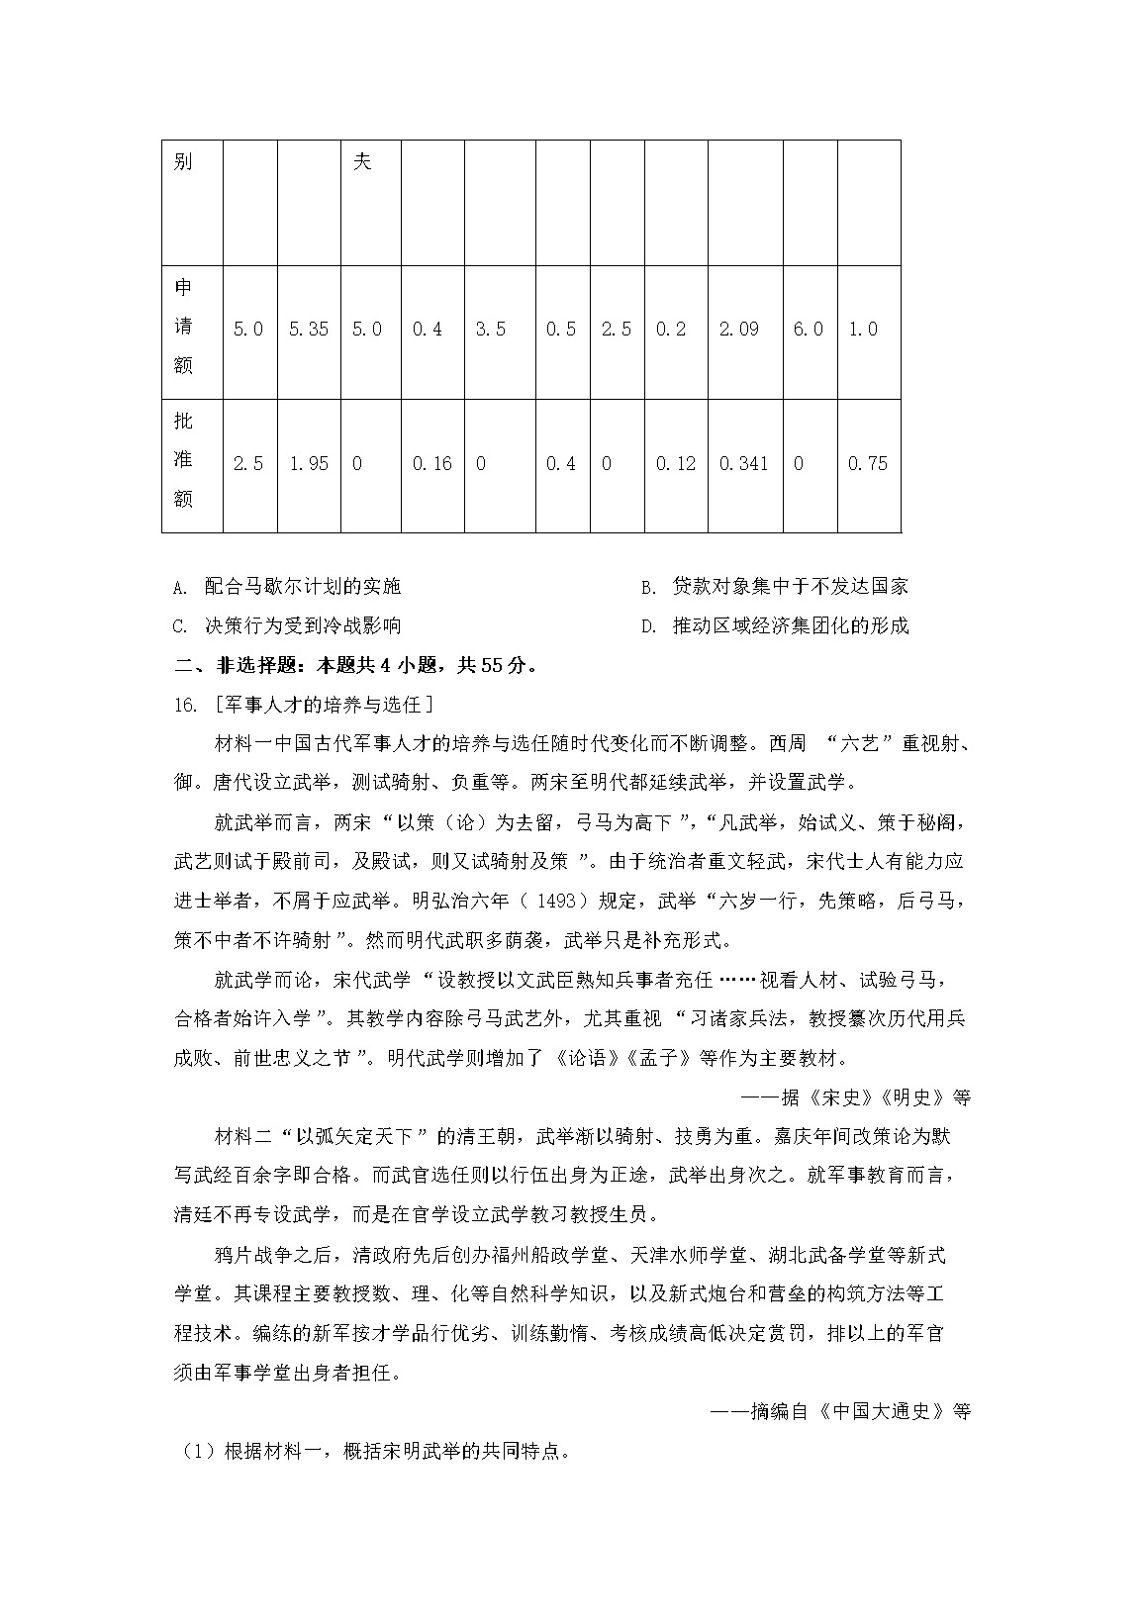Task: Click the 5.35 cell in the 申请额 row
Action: pyautogui.click(x=308, y=330)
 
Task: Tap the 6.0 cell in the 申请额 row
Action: pyautogui.click(x=809, y=330)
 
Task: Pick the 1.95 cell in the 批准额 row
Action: pyautogui.click(x=308, y=464)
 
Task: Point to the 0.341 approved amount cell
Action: pyautogui.click(x=744, y=464)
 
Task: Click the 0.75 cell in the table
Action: pyautogui.click(x=867, y=464)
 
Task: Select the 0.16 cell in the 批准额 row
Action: pyautogui.click(x=431, y=464)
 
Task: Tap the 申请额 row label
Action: pyautogui.click(x=183, y=328)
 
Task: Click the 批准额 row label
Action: pyautogui.click(x=183, y=461)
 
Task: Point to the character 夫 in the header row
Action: pyautogui.click(x=362, y=161)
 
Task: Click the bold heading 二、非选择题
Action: pyautogui.click(x=357, y=665)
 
